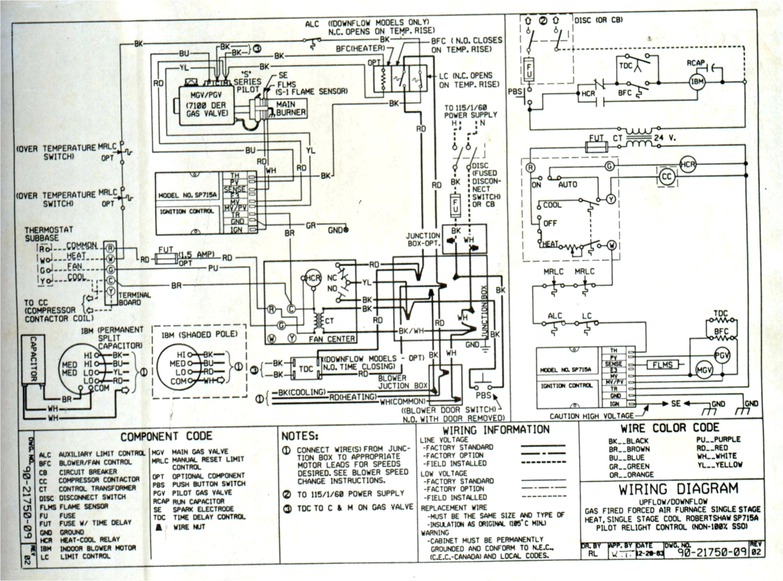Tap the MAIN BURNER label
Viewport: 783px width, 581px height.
tap(291, 109)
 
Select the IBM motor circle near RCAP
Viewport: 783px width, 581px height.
tap(697, 81)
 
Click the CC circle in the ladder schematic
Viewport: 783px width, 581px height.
tap(666, 177)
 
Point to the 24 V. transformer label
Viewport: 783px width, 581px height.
tap(665, 138)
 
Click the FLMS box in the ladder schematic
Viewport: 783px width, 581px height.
tap(662, 365)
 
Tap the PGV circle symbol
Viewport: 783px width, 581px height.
tap(722, 355)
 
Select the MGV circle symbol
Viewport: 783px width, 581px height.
tap(704, 370)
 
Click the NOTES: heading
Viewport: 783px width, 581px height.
tap(300, 436)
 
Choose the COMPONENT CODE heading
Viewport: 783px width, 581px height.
tap(166, 436)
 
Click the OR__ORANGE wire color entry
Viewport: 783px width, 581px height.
tap(631, 475)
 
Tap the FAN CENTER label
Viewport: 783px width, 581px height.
tap(331, 339)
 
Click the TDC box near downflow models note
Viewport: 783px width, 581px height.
tap(305, 369)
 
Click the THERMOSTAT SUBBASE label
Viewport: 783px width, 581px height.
tap(48, 234)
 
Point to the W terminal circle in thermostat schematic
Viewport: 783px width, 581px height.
tap(612, 245)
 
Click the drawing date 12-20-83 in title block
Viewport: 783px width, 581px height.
tap(650, 553)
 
